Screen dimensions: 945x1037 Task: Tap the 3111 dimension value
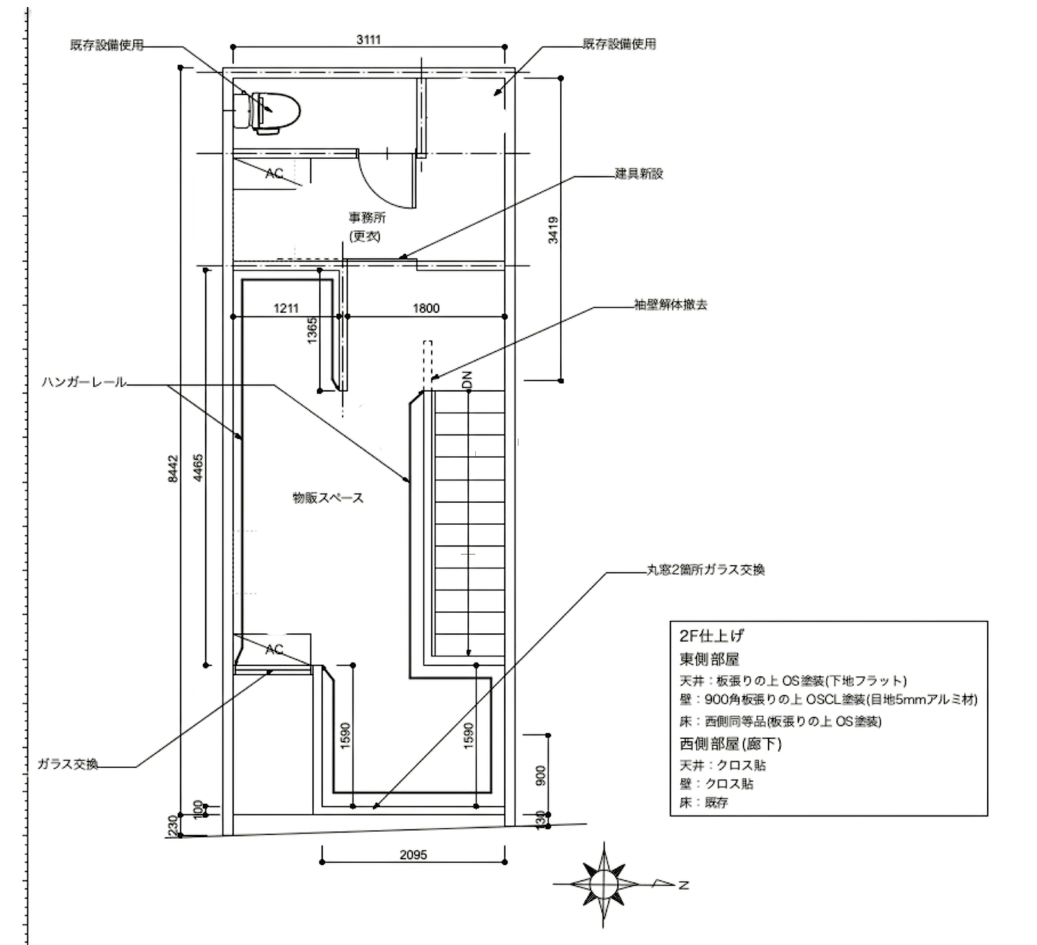click(368, 40)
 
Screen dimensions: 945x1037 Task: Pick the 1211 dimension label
click(286, 308)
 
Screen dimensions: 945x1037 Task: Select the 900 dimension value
click(541, 776)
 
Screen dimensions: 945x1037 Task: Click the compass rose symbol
click(604, 884)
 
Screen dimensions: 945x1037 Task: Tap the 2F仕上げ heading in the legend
click(711, 636)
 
